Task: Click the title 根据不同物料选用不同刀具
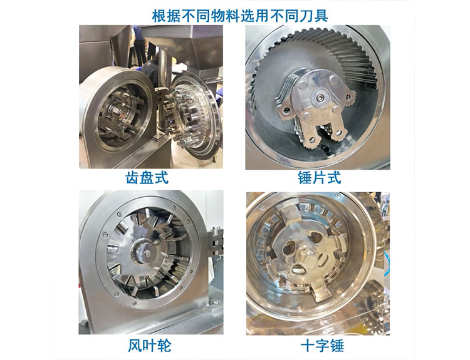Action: pos(240,16)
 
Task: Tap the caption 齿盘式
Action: pos(147,177)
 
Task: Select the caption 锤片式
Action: pos(320,177)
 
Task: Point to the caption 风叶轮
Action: pos(150,346)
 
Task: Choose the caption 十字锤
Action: pos(322,346)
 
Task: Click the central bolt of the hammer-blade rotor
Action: pos(320,97)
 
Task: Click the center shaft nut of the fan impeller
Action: pos(147,254)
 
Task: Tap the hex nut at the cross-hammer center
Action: pos(308,257)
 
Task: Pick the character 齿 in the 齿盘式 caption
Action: pos(132,177)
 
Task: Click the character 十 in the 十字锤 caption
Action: pos(308,346)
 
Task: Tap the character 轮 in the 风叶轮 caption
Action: pos(164,346)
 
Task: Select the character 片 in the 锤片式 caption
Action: pos(320,177)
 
